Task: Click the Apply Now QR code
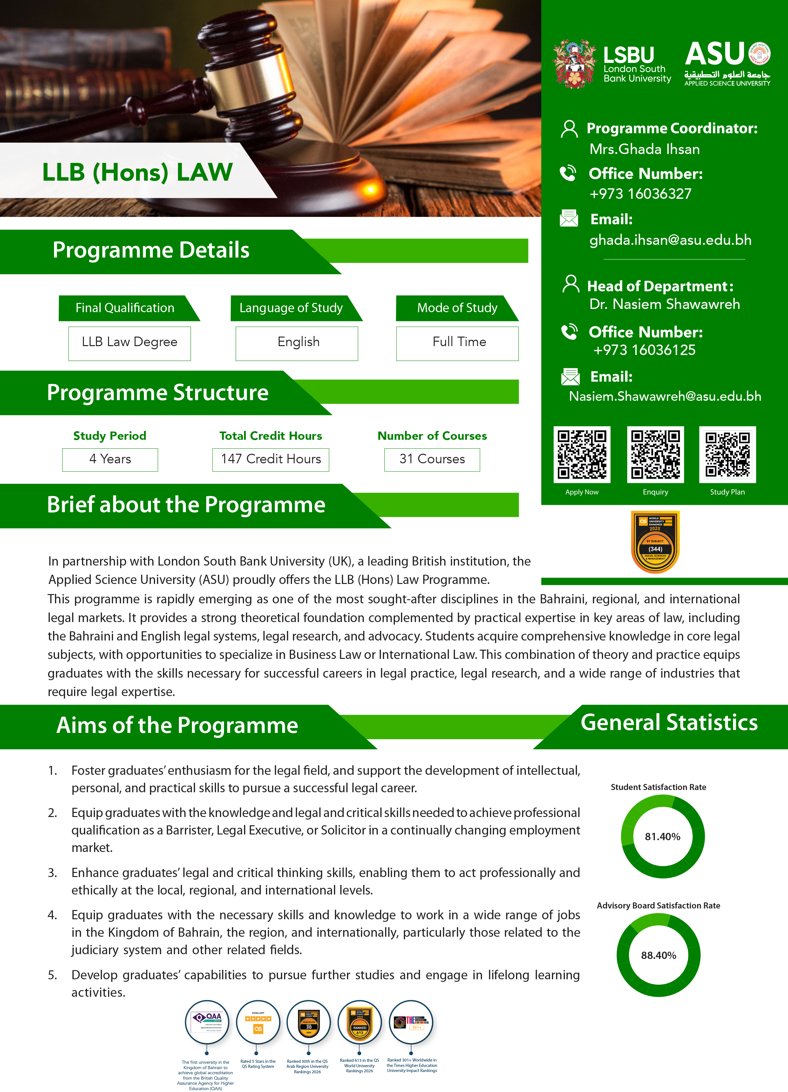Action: (x=582, y=454)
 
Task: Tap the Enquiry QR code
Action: (x=655, y=454)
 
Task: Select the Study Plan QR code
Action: (x=727, y=454)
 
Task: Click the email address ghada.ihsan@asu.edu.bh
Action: (x=670, y=240)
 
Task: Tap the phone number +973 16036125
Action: (x=644, y=350)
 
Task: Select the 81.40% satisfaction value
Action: (x=662, y=837)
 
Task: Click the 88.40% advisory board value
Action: (x=658, y=955)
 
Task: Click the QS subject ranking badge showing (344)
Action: (x=655, y=542)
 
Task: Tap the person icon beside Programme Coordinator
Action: (x=569, y=129)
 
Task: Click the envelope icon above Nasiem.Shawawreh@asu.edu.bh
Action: (x=570, y=377)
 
